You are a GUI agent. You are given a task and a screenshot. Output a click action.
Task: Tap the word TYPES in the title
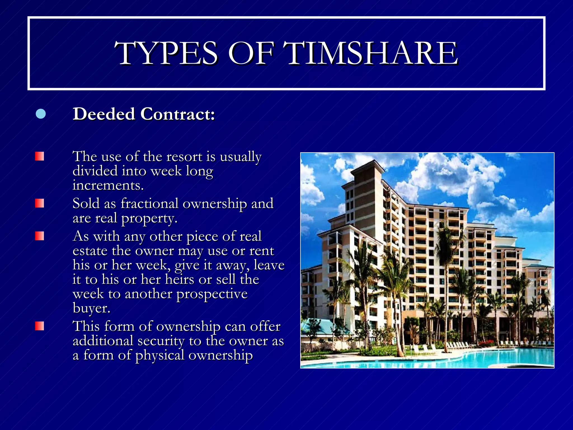click(x=166, y=53)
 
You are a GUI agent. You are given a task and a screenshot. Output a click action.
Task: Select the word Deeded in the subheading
click(x=104, y=114)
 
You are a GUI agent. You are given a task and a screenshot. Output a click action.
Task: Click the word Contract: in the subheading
click(x=178, y=114)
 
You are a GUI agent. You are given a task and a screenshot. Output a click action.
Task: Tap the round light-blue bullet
click(x=41, y=114)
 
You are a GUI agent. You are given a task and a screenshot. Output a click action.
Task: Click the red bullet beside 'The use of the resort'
click(x=39, y=156)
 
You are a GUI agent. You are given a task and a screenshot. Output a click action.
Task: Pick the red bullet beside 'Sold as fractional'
click(x=39, y=203)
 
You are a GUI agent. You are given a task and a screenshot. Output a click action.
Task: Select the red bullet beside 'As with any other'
click(x=39, y=236)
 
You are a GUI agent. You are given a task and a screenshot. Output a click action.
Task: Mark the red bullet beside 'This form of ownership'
click(x=39, y=326)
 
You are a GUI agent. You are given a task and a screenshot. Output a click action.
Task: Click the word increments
click(x=108, y=185)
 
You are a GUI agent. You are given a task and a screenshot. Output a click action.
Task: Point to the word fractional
click(x=149, y=204)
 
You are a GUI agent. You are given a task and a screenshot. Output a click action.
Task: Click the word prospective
click(x=212, y=294)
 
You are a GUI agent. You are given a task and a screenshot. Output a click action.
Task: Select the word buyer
click(x=91, y=309)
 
